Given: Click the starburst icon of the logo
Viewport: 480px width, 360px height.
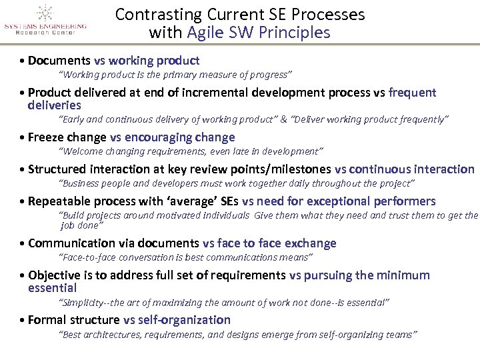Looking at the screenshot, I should pyautogui.click(x=45, y=13).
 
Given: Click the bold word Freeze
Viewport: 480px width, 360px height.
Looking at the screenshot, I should pyautogui.click(x=48, y=137).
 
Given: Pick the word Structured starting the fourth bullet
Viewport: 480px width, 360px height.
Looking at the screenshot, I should pyautogui.click(x=57, y=169).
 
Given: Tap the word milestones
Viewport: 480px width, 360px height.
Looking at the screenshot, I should pyautogui.click(x=299, y=169).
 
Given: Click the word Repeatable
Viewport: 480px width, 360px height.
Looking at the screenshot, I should pyautogui.click(x=60, y=201).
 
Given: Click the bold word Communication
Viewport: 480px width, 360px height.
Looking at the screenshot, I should pyautogui.click(x=69, y=243).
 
